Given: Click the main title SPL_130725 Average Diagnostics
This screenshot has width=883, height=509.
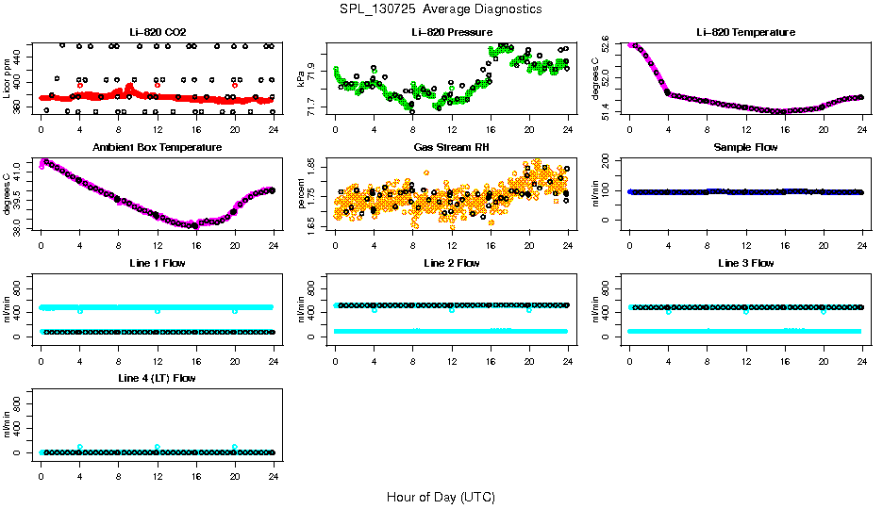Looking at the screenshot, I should tap(441, 8).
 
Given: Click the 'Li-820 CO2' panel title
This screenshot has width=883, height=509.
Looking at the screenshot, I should tap(157, 32).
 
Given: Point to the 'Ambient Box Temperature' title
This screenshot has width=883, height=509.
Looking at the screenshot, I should tap(157, 147).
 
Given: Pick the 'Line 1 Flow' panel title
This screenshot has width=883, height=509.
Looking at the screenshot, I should tap(157, 263).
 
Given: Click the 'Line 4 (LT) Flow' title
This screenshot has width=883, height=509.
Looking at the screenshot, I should tap(157, 378).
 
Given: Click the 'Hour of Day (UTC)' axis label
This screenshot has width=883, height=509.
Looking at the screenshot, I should tap(441, 497).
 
